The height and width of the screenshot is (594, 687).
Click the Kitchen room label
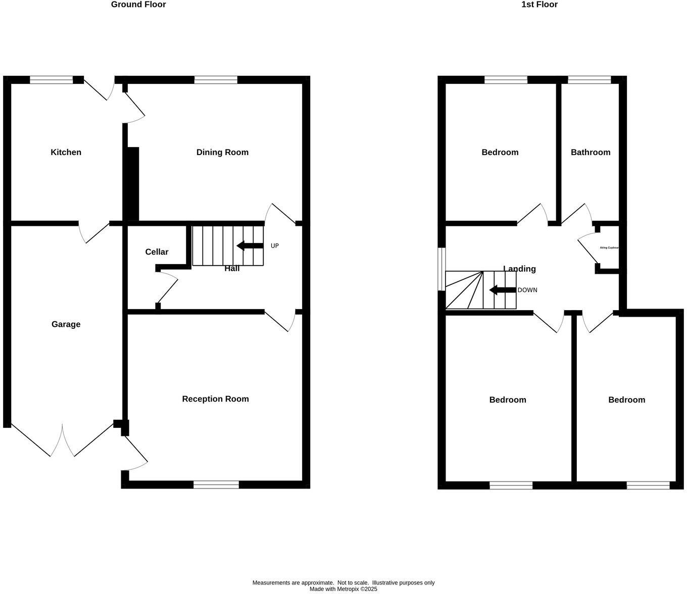point(66,152)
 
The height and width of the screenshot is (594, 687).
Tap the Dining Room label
point(222,152)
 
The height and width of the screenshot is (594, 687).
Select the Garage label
point(66,324)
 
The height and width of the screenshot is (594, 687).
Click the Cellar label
point(157,252)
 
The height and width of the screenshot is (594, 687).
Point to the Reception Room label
point(215,399)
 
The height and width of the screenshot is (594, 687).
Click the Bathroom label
point(590,152)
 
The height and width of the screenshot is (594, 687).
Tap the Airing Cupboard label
point(609,248)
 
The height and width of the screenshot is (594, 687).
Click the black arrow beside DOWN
point(502,290)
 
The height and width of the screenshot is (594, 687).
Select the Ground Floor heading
point(138,5)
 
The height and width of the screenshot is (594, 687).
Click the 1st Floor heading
point(539,5)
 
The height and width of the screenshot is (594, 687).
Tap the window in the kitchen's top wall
point(51,80)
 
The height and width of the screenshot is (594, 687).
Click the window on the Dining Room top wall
point(216,80)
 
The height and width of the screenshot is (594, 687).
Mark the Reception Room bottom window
point(216,485)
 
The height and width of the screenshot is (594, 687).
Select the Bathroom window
point(589,80)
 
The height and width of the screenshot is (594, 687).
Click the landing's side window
point(441,269)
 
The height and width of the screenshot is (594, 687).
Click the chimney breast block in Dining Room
point(132,183)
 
